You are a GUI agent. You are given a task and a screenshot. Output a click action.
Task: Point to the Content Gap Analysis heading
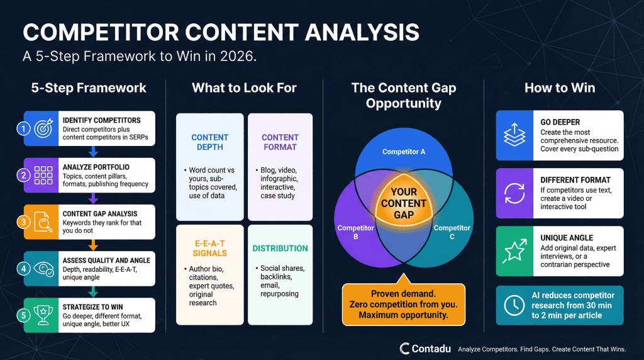(x=101, y=214)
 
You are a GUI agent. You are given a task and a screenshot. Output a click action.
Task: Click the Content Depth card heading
(x=210, y=142)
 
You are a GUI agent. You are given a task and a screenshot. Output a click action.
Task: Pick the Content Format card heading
(x=280, y=142)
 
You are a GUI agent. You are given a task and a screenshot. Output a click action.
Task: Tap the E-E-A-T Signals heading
(x=210, y=248)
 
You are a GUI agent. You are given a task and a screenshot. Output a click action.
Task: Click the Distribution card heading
(x=280, y=248)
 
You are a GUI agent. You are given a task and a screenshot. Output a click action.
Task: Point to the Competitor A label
(x=404, y=152)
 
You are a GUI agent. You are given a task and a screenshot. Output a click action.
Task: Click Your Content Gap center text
(x=404, y=203)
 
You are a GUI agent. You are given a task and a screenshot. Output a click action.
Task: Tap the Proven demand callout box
(x=403, y=304)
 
